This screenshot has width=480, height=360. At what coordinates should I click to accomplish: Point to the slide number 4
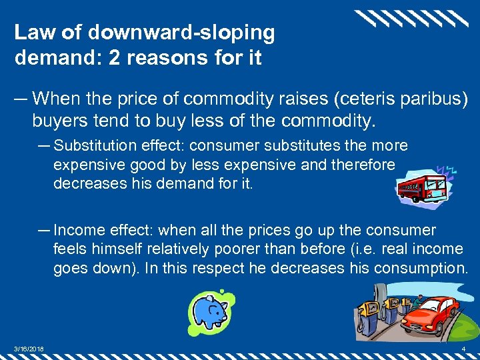coord(463,350)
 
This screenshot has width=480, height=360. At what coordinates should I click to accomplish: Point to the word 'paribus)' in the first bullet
coord(436,99)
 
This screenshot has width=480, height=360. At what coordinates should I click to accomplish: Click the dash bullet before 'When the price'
coord(21,99)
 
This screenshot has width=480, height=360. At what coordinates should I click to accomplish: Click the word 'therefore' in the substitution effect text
coord(366,164)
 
